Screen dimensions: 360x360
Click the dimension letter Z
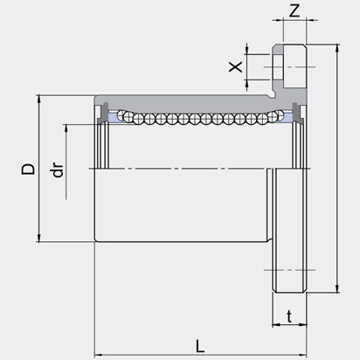[x=294, y=11]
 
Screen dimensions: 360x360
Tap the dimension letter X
[x=235, y=66]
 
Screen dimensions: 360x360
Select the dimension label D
[x=28, y=169]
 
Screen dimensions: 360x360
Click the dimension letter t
[x=289, y=316]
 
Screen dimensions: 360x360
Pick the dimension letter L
[x=200, y=346]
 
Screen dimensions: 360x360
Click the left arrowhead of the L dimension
[x=98, y=355]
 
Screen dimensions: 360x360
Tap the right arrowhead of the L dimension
[x=303, y=355]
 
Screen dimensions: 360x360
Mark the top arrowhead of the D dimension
[x=38, y=99]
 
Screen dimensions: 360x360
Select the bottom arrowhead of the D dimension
[x=38, y=238]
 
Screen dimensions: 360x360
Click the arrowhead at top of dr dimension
[x=66, y=128]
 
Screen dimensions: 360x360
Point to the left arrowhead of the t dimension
[x=275, y=324]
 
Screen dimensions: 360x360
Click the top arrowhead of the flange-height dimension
[x=337, y=48]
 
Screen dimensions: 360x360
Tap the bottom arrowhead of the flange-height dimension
[x=337, y=288]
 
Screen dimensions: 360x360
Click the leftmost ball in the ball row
[x=121, y=114]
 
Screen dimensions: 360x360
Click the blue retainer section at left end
[x=113, y=117]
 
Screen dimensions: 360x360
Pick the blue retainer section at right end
[x=287, y=117]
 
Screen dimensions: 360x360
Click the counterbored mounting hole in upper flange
[x=279, y=67]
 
